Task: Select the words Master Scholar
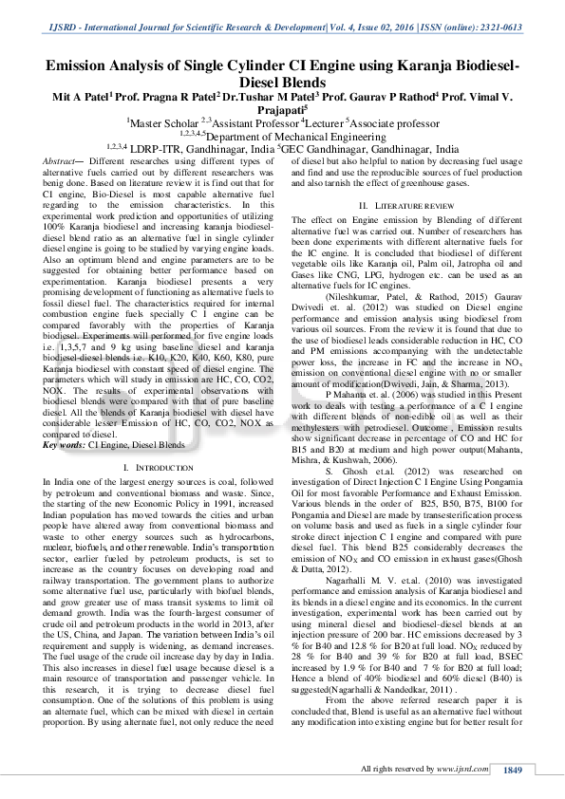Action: coord(162,122)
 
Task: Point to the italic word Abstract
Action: coord(62,162)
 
